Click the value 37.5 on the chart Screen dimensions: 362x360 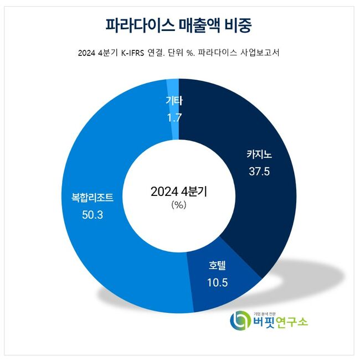pyautogui.click(x=259, y=172)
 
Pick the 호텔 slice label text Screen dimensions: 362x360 pyautogui.click(x=218, y=266)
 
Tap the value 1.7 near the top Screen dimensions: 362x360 pyautogui.click(x=173, y=117)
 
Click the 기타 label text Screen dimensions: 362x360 pyautogui.click(x=173, y=102)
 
